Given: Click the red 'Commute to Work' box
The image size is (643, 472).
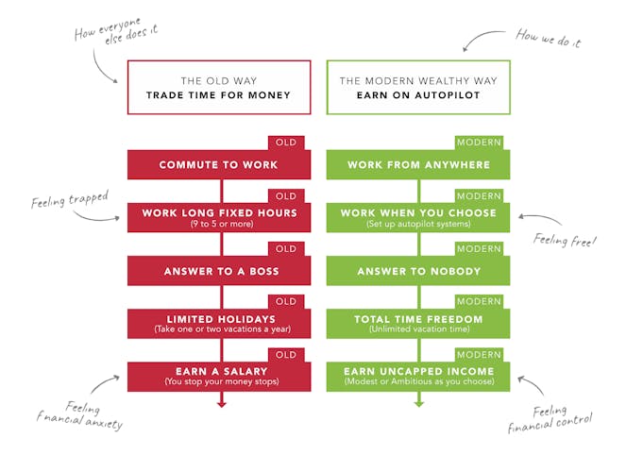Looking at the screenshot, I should pos(218,165).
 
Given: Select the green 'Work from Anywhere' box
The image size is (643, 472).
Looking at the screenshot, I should pos(418,165).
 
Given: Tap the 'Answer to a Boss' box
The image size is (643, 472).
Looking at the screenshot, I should pos(218,272).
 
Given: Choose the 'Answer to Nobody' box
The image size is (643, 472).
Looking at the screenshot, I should pos(418,272).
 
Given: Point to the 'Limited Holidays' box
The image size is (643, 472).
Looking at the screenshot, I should pos(218,324).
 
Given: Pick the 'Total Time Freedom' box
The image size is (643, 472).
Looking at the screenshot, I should pos(418,324).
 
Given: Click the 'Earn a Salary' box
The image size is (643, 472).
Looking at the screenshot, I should pos(218,376).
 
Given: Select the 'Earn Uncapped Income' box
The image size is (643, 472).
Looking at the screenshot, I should pos(418,376).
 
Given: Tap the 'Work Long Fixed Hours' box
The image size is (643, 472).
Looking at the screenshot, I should pos(218,218).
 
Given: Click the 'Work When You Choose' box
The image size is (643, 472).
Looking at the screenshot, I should pos(418,218).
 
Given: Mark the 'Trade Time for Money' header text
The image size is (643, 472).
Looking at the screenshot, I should pos(218,95).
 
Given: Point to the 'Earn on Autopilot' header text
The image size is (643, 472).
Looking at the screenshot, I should pos(418,95).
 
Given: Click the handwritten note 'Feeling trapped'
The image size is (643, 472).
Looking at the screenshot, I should pos(69,200).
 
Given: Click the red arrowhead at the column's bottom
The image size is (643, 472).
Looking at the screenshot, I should pos(222,401).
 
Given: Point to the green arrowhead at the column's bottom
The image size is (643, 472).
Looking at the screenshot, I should pos(418,401).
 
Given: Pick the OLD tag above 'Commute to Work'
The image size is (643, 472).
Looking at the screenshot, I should pos(286,143).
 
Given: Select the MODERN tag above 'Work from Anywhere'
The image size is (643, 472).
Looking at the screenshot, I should pos(479,143).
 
